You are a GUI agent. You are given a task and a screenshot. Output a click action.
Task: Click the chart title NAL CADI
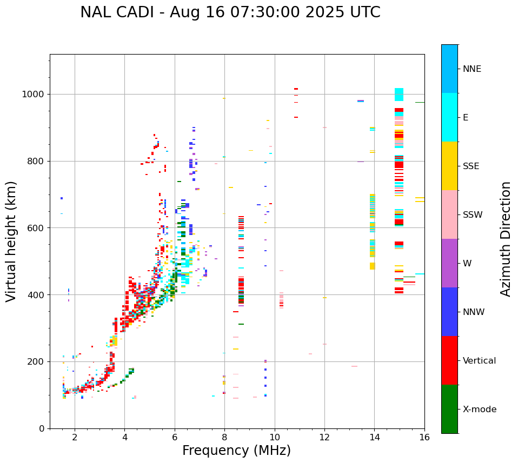pos(230,12)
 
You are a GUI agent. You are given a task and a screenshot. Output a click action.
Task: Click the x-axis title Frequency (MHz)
pos(236,451)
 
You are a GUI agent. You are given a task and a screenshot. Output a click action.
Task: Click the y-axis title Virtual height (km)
pos(11,241)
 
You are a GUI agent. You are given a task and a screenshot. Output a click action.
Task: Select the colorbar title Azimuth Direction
pos(506,239)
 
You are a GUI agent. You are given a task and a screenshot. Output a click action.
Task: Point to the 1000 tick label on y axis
pos(34,94)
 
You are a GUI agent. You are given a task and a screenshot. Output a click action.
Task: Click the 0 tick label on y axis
pos(42,428)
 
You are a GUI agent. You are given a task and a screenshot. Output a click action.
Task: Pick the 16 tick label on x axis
pos(424,437)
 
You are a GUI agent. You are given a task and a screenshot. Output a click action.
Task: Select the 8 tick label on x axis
pos(224,437)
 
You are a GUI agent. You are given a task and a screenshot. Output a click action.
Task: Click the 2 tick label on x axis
pos(75,437)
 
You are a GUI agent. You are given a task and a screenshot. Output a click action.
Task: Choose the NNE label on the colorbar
pos(471,69)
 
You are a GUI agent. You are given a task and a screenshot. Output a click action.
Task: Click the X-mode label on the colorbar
pos(479,410)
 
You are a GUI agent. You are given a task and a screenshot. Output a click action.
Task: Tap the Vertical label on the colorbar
pos(479,361)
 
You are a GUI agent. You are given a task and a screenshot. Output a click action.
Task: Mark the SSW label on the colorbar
pos(472,215)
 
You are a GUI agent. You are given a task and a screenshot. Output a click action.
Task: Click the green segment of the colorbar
pos(449,409)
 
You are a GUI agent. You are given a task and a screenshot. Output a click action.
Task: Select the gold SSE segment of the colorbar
pos(449,166)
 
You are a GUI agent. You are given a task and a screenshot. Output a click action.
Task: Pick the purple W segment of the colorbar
pos(449,263)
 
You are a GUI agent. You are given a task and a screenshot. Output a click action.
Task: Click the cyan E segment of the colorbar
pos(449,117)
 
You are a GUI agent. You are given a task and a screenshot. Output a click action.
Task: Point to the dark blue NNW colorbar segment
pos(449,312)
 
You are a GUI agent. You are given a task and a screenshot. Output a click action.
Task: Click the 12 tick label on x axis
pos(324,437)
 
